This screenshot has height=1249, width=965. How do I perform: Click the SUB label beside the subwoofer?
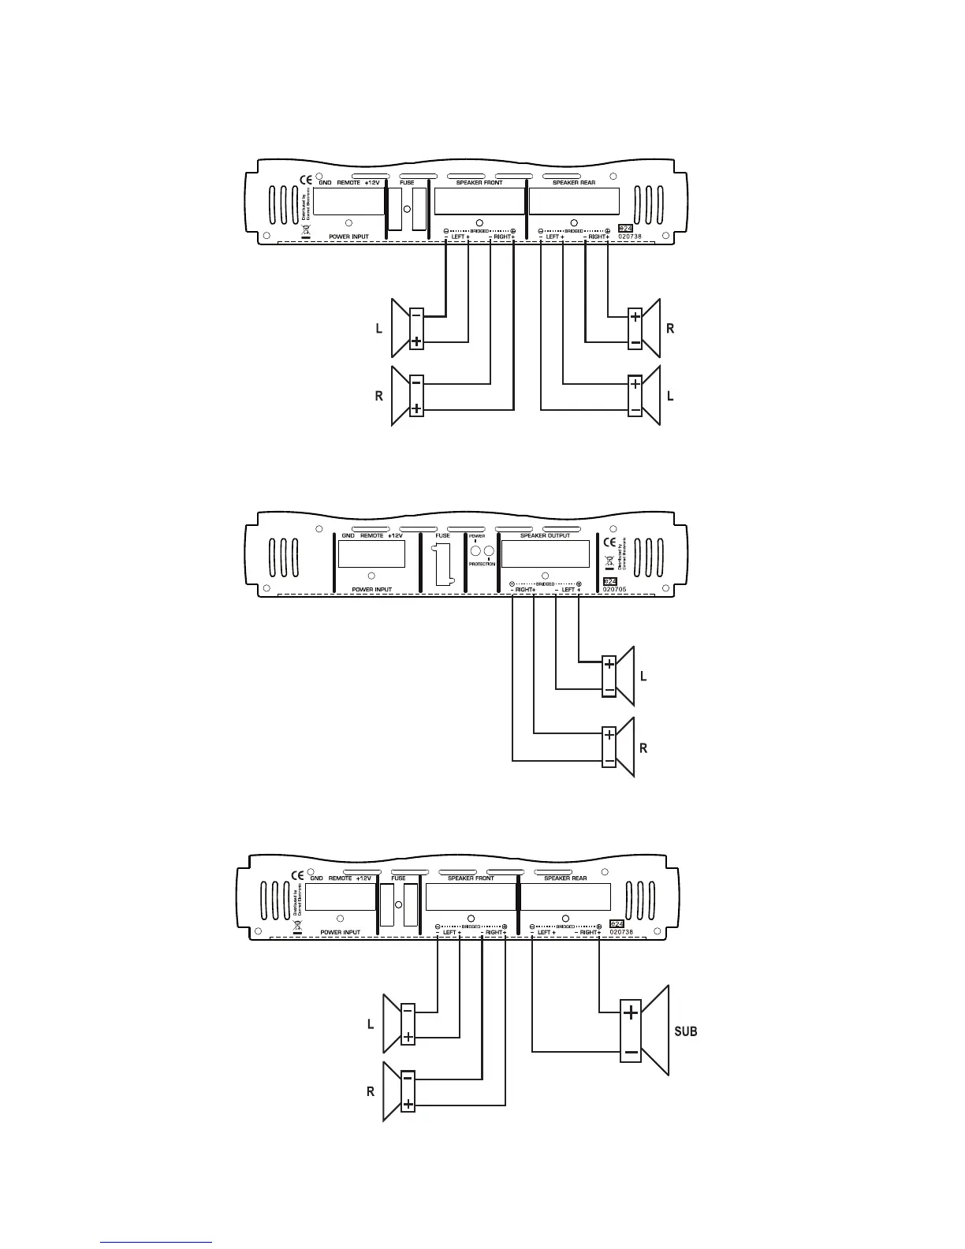pos(686,1031)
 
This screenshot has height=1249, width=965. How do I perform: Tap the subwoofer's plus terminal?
pos(631,1013)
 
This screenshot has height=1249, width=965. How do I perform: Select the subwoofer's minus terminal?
pos(631,1051)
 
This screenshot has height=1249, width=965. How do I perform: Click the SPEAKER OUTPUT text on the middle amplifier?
pos(545,535)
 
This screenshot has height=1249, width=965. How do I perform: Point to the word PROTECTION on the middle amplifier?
pos(482,564)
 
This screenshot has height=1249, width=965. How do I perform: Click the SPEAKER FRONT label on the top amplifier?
pos(479,182)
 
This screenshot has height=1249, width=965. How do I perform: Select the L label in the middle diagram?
pos(644,677)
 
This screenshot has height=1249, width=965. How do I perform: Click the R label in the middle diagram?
pos(644,748)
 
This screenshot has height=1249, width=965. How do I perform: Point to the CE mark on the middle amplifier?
pos(609,542)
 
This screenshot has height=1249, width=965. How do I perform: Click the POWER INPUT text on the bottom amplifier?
pos(341,932)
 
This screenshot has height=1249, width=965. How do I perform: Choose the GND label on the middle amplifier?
pos(348,535)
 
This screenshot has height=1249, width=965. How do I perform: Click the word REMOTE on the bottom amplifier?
pos(340,878)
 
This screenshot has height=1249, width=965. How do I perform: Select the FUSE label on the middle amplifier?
pos(442,535)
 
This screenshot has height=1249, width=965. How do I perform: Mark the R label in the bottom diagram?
pos(371,1092)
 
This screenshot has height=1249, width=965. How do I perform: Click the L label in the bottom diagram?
pos(371,1025)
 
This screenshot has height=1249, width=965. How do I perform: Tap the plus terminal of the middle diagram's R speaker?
pos(609,735)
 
